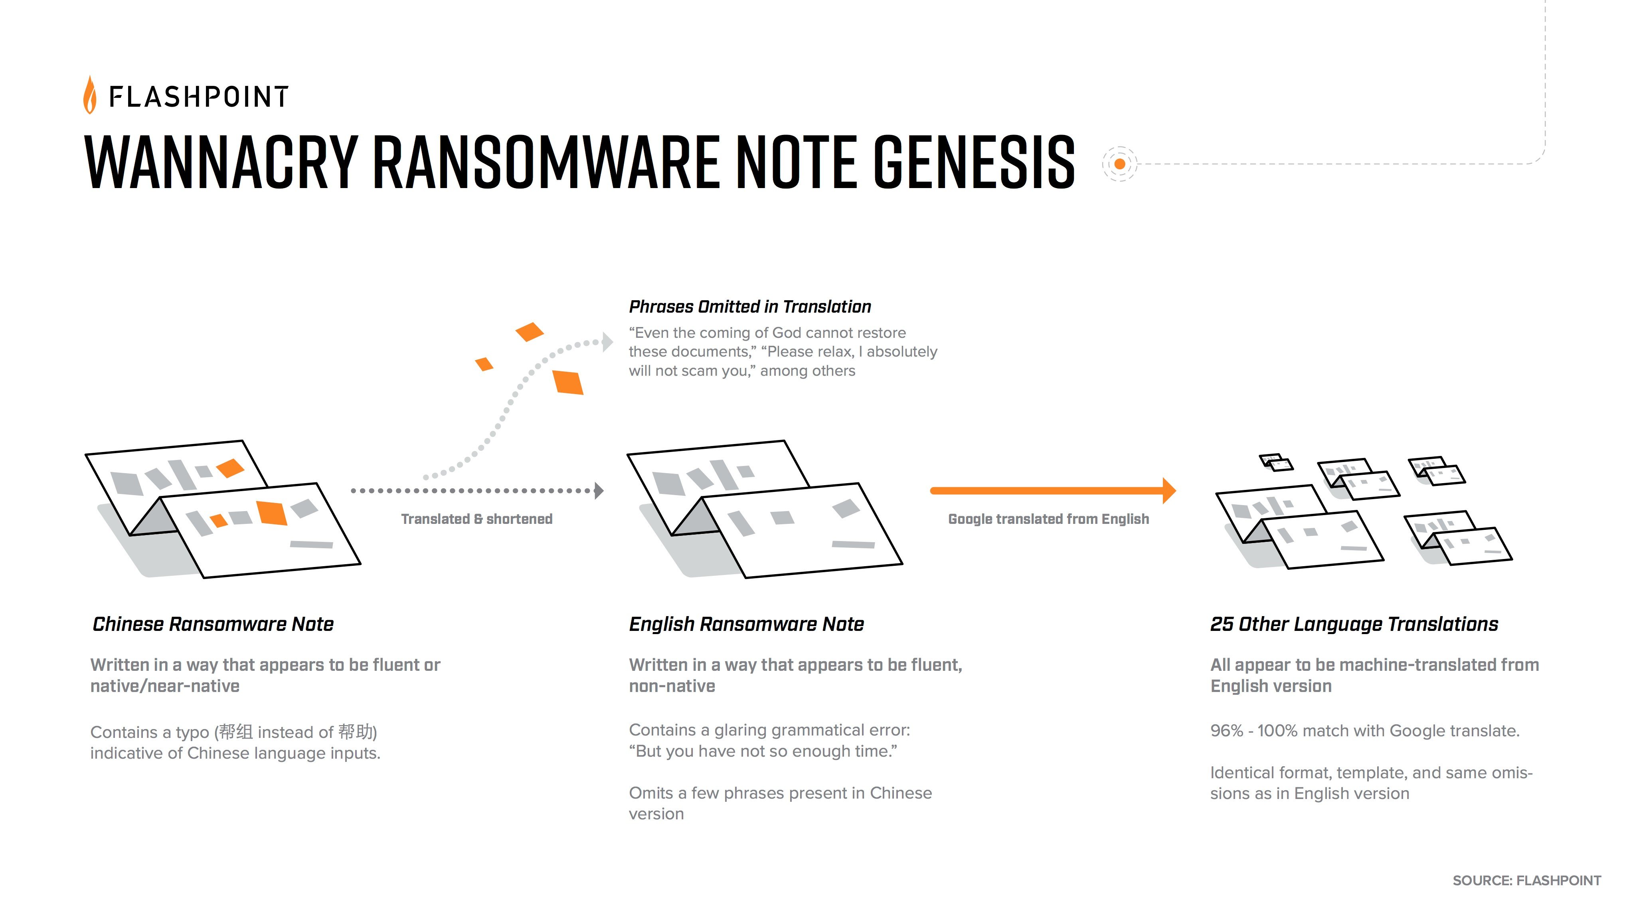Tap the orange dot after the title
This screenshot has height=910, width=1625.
[x=1120, y=164]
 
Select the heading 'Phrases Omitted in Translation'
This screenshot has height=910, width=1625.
[x=749, y=307]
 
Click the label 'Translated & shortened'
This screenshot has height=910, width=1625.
[x=477, y=519]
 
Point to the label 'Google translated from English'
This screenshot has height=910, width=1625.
[x=1048, y=519]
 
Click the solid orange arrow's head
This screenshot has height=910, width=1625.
[x=1169, y=490]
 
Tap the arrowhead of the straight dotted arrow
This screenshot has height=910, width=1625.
[x=599, y=490]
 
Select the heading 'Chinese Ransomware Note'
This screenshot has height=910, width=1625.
[x=213, y=624]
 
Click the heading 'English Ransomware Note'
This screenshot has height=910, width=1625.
[x=746, y=624]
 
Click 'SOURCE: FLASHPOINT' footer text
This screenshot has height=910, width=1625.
[x=1526, y=880]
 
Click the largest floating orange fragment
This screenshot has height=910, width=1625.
[x=568, y=382]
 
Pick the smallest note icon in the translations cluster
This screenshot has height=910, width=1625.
[x=1275, y=462]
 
